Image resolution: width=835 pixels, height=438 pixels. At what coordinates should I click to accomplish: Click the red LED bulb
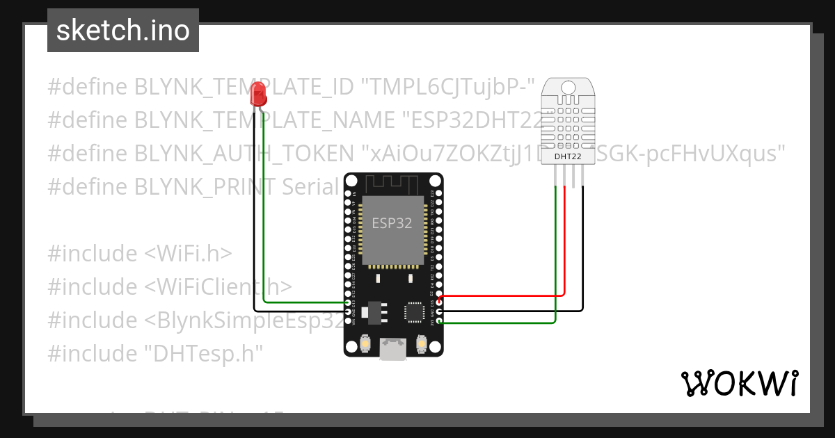coord(259,93)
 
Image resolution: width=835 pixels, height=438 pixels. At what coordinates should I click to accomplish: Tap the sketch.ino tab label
coord(123,31)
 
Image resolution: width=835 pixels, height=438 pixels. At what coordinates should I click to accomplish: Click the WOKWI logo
coord(738,384)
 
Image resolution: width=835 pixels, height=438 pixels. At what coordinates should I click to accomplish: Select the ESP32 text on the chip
coord(392,224)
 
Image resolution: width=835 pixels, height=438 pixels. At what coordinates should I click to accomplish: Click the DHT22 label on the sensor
coord(568,156)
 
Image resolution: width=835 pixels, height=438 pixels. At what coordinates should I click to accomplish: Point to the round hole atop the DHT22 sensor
coord(568,87)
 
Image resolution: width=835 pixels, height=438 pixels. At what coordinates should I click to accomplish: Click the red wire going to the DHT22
coord(564,243)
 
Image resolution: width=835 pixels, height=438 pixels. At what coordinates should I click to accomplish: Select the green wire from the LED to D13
coord(265,209)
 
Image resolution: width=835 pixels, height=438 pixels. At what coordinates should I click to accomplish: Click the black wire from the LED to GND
coord(255,209)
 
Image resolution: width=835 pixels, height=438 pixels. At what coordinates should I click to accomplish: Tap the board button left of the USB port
coord(365,343)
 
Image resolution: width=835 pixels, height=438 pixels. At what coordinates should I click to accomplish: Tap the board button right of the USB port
coord(421,343)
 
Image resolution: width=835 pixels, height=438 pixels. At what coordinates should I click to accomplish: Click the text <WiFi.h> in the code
coord(188,254)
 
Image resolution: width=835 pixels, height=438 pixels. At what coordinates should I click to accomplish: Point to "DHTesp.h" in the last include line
coord(203,354)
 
